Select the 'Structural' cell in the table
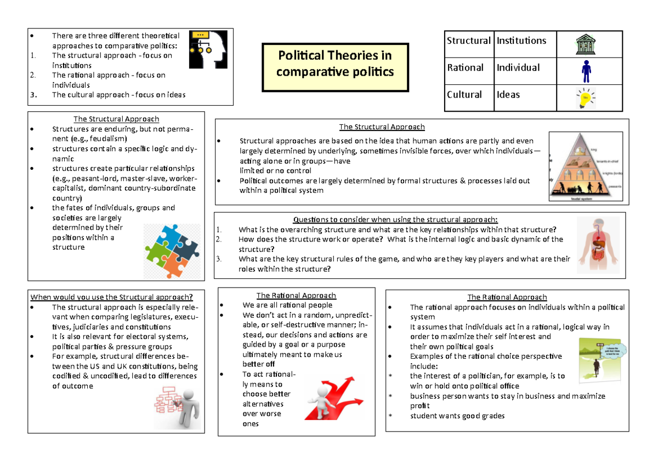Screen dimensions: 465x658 click(x=468, y=41)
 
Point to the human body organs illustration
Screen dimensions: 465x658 click(x=598, y=243)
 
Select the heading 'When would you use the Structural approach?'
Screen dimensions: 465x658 click(x=112, y=297)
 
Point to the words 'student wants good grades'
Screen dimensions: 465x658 click(x=457, y=416)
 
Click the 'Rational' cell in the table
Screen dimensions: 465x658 click(x=465, y=68)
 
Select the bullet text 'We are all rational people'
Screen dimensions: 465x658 click(x=287, y=305)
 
